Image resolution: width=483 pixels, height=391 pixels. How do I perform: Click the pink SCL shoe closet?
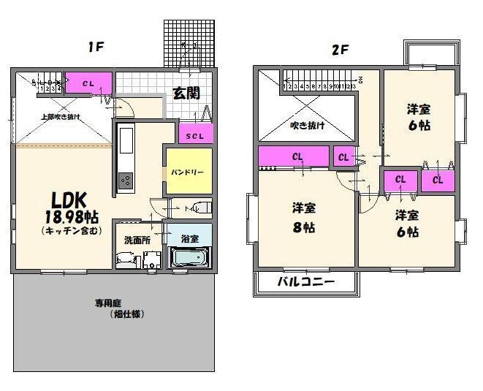[195, 134]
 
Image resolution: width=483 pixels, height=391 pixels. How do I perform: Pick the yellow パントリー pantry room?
[188, 172]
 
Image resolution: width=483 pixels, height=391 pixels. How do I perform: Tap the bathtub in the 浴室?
[190, 258]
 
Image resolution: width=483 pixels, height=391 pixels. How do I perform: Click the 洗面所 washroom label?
[137, 239]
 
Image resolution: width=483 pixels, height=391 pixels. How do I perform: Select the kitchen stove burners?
[125, 179]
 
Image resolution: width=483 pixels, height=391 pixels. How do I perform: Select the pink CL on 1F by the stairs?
[88, 83]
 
